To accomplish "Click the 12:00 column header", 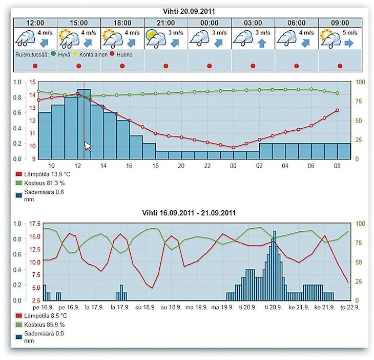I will point(34,23).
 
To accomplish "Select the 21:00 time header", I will point(165,23).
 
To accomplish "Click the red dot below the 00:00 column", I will point(209,66).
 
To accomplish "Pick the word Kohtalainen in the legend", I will point(98,54).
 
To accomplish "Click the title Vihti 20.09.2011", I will point(188,11).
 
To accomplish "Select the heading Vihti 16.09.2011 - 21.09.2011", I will point(188,212).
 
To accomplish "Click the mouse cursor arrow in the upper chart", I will point(88,146).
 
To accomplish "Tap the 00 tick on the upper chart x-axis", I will point(233,166).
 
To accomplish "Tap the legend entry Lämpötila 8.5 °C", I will point(43,315).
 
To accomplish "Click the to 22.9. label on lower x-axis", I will point(349,307).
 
